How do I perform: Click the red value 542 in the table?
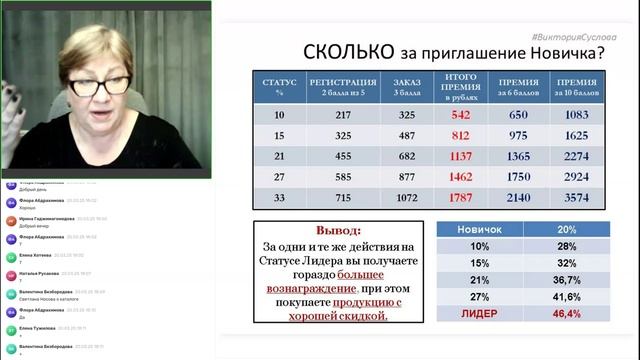tap(460, 114)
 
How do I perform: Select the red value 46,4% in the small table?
tap(566, 313)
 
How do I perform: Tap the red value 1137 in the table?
tap(460, 156)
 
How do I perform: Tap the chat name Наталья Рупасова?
tap(39, 272)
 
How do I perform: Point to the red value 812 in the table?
tap(460, 135)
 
